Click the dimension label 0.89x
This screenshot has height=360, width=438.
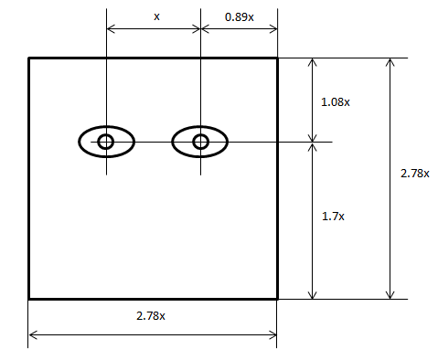(240, 17)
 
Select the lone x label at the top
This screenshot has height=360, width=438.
(156, 16)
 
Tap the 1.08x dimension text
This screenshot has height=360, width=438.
(336, 102)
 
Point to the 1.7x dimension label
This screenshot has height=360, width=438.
(333, 217)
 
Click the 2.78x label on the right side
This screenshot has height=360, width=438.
(415, 174)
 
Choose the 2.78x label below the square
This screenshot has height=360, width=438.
(151, 316)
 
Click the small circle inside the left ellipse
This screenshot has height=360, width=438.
(106, 142)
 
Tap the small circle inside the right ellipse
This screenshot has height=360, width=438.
(200, 142)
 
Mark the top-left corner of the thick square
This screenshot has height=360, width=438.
(28, 58)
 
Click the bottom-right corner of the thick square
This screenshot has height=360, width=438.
(277, 299)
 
